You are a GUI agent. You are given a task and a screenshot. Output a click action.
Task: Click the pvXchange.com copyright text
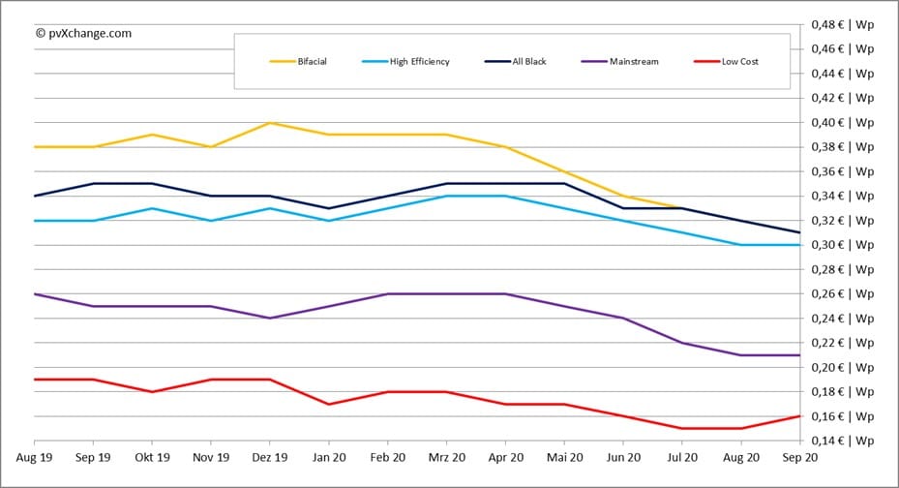[84, 33]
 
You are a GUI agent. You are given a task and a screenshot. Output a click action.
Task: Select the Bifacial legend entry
[298, 61]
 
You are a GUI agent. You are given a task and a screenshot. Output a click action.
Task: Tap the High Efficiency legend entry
[405, 61]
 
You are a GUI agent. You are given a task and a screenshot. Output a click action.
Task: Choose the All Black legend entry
[516, 61]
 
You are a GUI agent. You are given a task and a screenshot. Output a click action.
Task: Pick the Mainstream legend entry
[619, 61]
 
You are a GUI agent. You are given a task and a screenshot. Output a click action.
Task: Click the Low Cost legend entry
[726, 61]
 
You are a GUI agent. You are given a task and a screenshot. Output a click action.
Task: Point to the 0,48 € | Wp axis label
[842, 24]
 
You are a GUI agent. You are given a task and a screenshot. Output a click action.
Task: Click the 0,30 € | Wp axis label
[842, 245]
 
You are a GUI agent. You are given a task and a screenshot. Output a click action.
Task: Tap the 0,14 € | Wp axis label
[842, 441]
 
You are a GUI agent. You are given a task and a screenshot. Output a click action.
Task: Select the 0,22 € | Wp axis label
[842, 343]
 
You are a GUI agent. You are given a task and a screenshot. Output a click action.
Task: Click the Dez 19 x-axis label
[269, 458]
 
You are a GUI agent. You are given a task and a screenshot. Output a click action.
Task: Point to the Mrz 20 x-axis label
[447, 458]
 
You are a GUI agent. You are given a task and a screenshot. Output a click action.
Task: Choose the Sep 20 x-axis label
[800, 458]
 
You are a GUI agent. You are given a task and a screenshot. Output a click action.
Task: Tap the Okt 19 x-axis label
[152, 458]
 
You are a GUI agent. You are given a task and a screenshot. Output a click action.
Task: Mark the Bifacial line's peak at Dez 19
[269, 123]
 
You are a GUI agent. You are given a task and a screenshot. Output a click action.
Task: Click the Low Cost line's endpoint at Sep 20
[800, 416]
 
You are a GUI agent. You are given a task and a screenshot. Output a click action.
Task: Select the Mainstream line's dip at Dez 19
[269, 319]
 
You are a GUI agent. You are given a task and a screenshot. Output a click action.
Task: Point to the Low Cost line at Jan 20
[328, 405]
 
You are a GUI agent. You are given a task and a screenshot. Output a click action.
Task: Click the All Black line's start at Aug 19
[35, 197]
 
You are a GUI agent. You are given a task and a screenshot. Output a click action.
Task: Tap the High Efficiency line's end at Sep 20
[800, 245]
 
